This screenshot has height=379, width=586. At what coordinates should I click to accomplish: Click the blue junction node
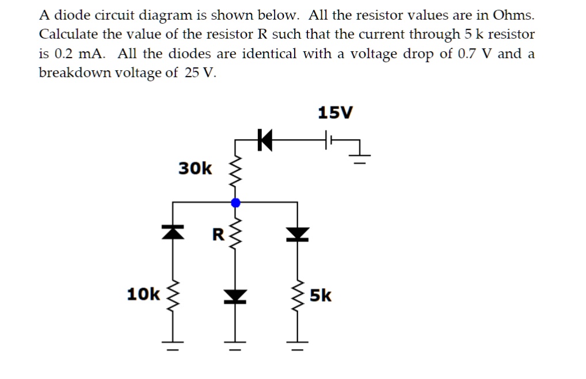[x=235, y=202]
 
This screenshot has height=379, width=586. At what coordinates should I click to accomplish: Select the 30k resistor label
[x=195, y=169]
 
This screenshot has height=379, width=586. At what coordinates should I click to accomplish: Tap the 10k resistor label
[x=143, y=294]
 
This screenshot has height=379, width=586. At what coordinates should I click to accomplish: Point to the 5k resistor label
[x=321, y=296]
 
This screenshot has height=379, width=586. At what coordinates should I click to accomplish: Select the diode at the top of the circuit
[x=264, y=140]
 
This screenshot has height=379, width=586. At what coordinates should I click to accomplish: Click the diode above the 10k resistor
[x=173, y=232]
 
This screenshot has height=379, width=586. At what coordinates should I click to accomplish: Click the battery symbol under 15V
[x=328, y=140]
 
